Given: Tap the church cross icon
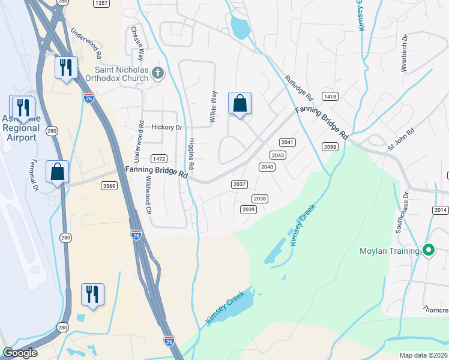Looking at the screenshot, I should [158, 73].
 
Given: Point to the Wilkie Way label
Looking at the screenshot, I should [212, 107].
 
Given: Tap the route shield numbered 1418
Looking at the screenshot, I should [330, 96].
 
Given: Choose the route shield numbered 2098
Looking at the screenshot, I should [330, 147].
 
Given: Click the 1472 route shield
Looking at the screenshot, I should [158, 158].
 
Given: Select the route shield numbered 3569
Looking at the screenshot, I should [109, 186].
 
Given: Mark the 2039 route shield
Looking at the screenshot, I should [248, 209].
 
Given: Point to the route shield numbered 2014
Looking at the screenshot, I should [440, 209].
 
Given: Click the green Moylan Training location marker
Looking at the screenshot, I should [428, 250].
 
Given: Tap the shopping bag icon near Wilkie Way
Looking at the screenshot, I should [240, 104].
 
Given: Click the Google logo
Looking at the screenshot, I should [20, 353].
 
